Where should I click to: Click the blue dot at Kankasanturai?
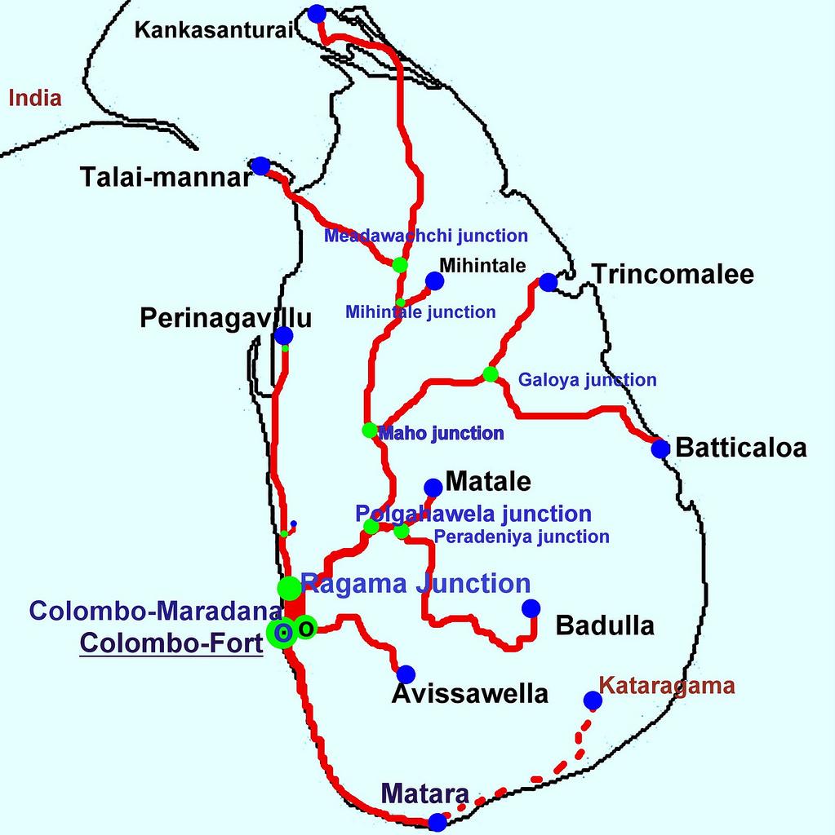pos(317,13)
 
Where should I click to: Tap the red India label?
pos(35,99)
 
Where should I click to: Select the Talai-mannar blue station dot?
pos(260,166)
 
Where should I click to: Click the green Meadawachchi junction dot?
pos(399,264)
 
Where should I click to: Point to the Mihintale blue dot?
pos(434,281)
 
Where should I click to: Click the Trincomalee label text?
pos(673,275)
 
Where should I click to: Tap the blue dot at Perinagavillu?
pos(283,335)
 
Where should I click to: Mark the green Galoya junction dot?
pos(490,374)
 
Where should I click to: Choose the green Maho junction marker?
pos(369,430)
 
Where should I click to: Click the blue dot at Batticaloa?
pos(660,448)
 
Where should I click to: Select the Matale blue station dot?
pos(433,488)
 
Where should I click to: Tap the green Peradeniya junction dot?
pos(402,532)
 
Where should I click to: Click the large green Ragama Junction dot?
pos(288,586)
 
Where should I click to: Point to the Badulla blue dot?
pos(531,608)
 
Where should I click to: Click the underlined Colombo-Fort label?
pos(171,642)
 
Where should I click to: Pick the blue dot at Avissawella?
pos(405,674)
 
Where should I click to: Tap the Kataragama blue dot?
pos(593,700)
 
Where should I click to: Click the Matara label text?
pos(424,794)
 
